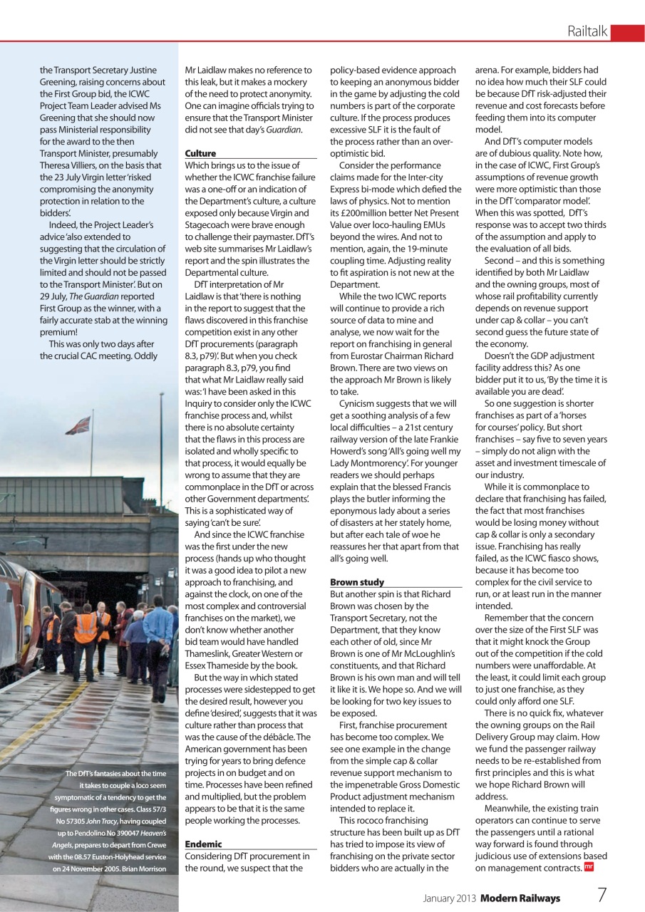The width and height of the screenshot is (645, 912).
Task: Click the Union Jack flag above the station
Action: [78, 425]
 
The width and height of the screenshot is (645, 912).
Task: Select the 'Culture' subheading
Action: [200, 153]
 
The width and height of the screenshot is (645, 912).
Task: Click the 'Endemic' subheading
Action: [203, 844]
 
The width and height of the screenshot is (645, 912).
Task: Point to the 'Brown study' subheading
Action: [357, 582]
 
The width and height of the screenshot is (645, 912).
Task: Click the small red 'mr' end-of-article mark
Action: [588, 867]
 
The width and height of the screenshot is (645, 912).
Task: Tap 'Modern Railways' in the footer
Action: [520, 898]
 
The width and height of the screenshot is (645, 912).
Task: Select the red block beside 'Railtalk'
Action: [627, 32]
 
